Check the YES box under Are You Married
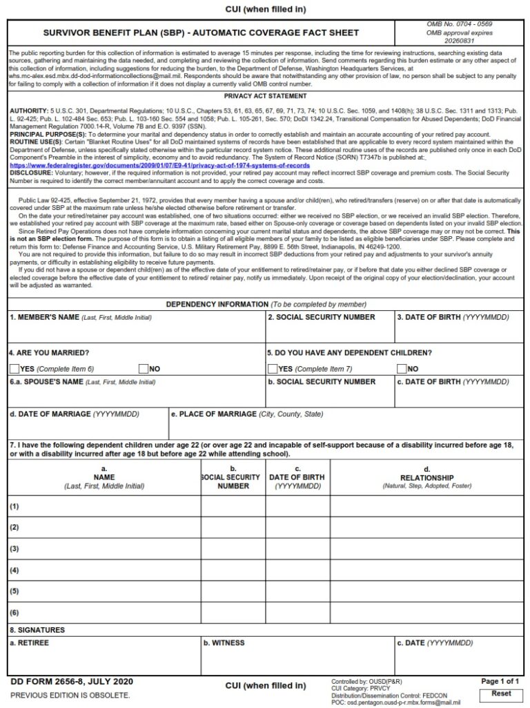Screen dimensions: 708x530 tap(14, 369)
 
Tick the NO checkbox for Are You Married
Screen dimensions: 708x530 tap(144, 369)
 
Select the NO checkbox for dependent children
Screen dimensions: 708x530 tap(402, 369)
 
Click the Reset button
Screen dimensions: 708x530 tap(501, 693)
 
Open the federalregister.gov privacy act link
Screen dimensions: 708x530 tap(159, 166)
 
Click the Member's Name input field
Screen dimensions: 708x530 tap(136, 332)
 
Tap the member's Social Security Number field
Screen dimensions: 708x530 tap(329, 332)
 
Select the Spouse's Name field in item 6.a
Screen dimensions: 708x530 tap(136, 396)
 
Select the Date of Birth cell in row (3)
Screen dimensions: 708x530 tap(298, 549)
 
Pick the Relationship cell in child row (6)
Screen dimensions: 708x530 tap(426, 613)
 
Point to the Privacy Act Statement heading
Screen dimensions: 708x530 tap(265, 97)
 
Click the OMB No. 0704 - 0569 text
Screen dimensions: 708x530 tap(459, 25)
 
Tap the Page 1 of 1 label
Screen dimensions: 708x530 tap(500, 682)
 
